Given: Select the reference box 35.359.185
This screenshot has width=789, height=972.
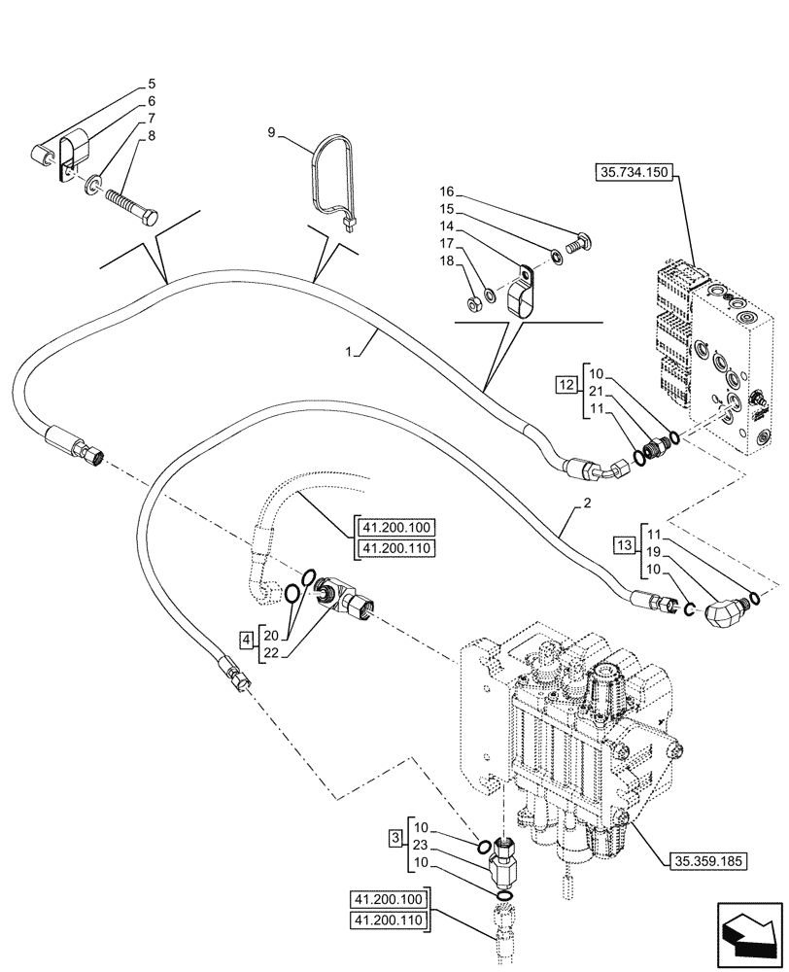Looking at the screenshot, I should tap(707, 858).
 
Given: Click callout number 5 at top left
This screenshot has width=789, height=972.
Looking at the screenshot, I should tap(152, 84).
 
